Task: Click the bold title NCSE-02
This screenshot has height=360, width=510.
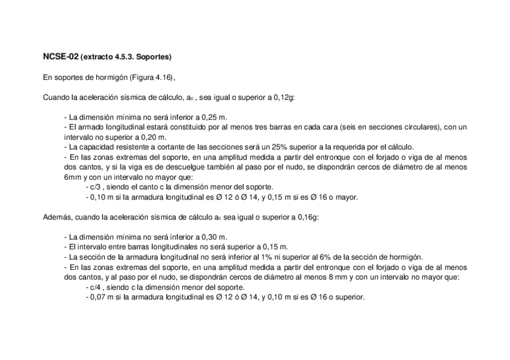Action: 60,57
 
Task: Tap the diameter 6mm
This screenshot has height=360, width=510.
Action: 73,177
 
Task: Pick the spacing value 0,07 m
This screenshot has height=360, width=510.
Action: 100,296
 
